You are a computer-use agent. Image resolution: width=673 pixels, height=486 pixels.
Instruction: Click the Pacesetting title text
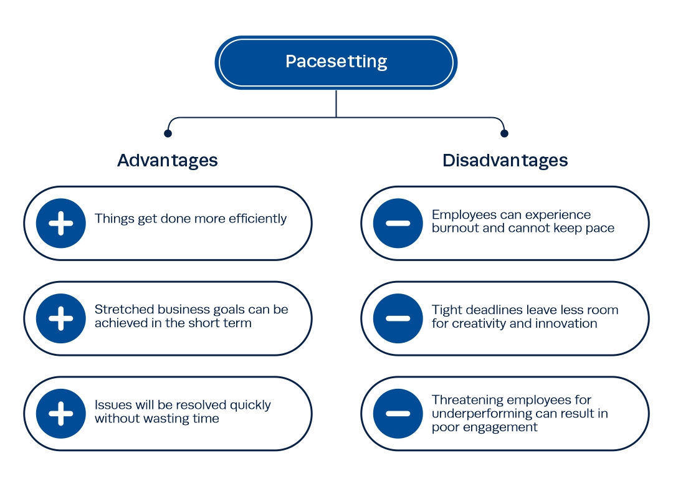pyautogui.click(x=336, y=62)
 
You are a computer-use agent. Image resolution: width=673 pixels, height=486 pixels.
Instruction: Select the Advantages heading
pyautogui.click(x=168, y=161)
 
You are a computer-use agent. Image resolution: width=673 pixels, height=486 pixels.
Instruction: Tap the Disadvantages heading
pyautogui.click(x=505, y=161)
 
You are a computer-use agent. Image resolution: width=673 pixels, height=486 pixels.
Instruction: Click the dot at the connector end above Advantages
pyautogui.click(x=168, y=133)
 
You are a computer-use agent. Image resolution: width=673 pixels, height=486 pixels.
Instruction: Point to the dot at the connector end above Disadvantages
pyautogui.click(x=504, y=133)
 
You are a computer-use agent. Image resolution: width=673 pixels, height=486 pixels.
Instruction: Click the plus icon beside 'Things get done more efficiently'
pyautogui.click(x=61, y=223)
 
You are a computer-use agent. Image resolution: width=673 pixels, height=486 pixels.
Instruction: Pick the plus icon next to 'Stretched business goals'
pyautogui.click(x=61, y=318)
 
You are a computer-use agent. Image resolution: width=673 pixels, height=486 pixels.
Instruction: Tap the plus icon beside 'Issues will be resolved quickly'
pyautogui.click(x=61, y=414)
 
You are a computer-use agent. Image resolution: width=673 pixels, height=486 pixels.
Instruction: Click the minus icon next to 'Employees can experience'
pyautogui.click(x=398, y=223)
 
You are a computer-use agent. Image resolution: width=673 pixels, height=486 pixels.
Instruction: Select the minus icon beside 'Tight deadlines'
pyautogui.click(x=398, y=318)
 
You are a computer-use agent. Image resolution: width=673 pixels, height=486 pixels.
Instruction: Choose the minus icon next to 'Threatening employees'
pyautogui.click(x=398, y=414)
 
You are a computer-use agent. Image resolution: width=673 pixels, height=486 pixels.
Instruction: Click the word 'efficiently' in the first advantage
pyautogui.click(x=257, y=219)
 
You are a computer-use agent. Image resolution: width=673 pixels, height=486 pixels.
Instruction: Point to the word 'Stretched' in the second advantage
pyautogui.click(x=124, y=309)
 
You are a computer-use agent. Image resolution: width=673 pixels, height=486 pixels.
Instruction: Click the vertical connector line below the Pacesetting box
pyautogui.click(x=336, y=103)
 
